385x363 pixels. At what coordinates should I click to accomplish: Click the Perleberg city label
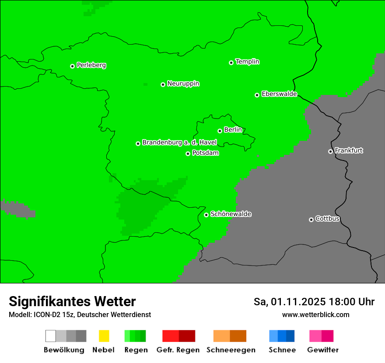coord(91,65)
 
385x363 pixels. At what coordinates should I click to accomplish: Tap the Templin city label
coord(247,62)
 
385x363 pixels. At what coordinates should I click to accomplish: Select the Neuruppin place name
coord(183,84)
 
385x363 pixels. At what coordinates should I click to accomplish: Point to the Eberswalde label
coord(279,94)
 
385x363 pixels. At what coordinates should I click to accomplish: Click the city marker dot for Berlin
coord(220,131)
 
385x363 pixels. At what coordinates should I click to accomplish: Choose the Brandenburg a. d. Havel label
coord(179,143)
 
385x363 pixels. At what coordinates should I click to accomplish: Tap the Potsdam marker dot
coord(188,154)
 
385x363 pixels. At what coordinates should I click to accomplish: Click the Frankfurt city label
coord(349,150)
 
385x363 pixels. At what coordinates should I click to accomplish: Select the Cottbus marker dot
coord(311,220)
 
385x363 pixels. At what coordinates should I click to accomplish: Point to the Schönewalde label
coord(231,214)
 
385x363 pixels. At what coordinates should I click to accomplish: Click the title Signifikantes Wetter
coord(72,301)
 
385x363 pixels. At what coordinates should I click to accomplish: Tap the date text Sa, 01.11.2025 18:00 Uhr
coord(314,302)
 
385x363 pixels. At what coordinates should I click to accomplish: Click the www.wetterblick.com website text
coord(315,314)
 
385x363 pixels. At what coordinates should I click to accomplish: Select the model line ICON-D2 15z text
coord(80,314)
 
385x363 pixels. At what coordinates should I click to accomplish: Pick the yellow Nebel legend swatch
coord(104,336)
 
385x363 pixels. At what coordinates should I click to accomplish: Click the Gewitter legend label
coord(322,350)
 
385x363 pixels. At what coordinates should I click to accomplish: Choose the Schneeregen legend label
coord(231,350)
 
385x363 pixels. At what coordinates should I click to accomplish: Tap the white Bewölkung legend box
coord(51,336)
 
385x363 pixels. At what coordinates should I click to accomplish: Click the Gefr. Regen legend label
coord(178,350)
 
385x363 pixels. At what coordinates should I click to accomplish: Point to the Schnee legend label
coord(282,350)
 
